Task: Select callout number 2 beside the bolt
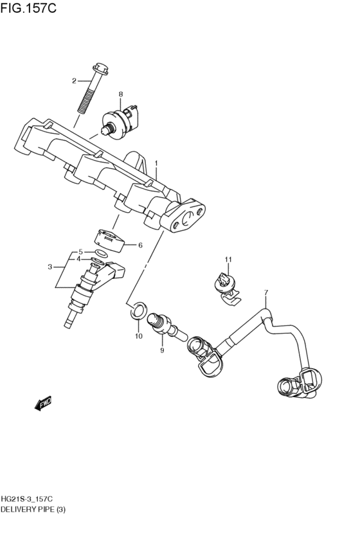click(x=74, y=81)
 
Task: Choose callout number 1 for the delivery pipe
click(x=155, y=164)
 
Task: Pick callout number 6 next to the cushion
click(x=140, y=245)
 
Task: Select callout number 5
click(x=80, y=252)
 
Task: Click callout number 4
click(x=78, y=259)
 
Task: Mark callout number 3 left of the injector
click(x=50, y=266)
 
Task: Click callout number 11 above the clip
click(x=227, y=259)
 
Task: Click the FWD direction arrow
click(x=44, y=404)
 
